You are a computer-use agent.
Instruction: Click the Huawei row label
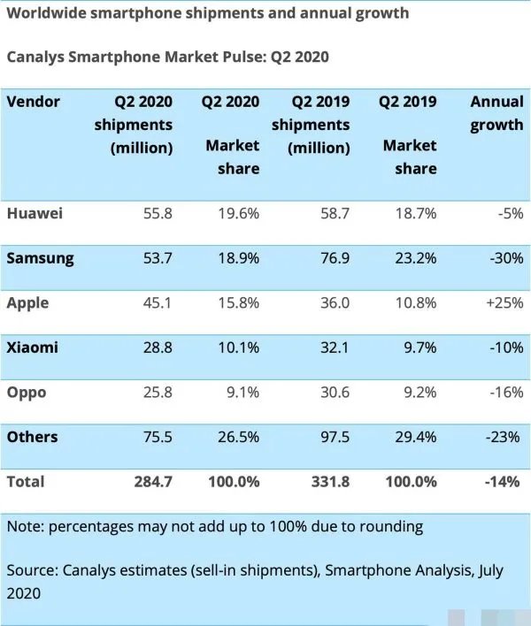point(35,213)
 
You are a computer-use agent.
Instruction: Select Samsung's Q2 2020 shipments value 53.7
point(155,258)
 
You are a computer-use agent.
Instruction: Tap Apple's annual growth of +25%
point(504,302)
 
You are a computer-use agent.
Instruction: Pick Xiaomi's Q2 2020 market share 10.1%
point(238,347)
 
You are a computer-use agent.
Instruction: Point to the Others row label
point(32,437)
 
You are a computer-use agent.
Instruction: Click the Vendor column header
point(33,102)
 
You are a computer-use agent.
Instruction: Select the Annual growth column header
point(496,113)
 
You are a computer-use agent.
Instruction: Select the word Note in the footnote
point(25,526)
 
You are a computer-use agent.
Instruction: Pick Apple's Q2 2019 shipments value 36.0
point(332,302)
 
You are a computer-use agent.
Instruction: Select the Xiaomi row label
point(33,347)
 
